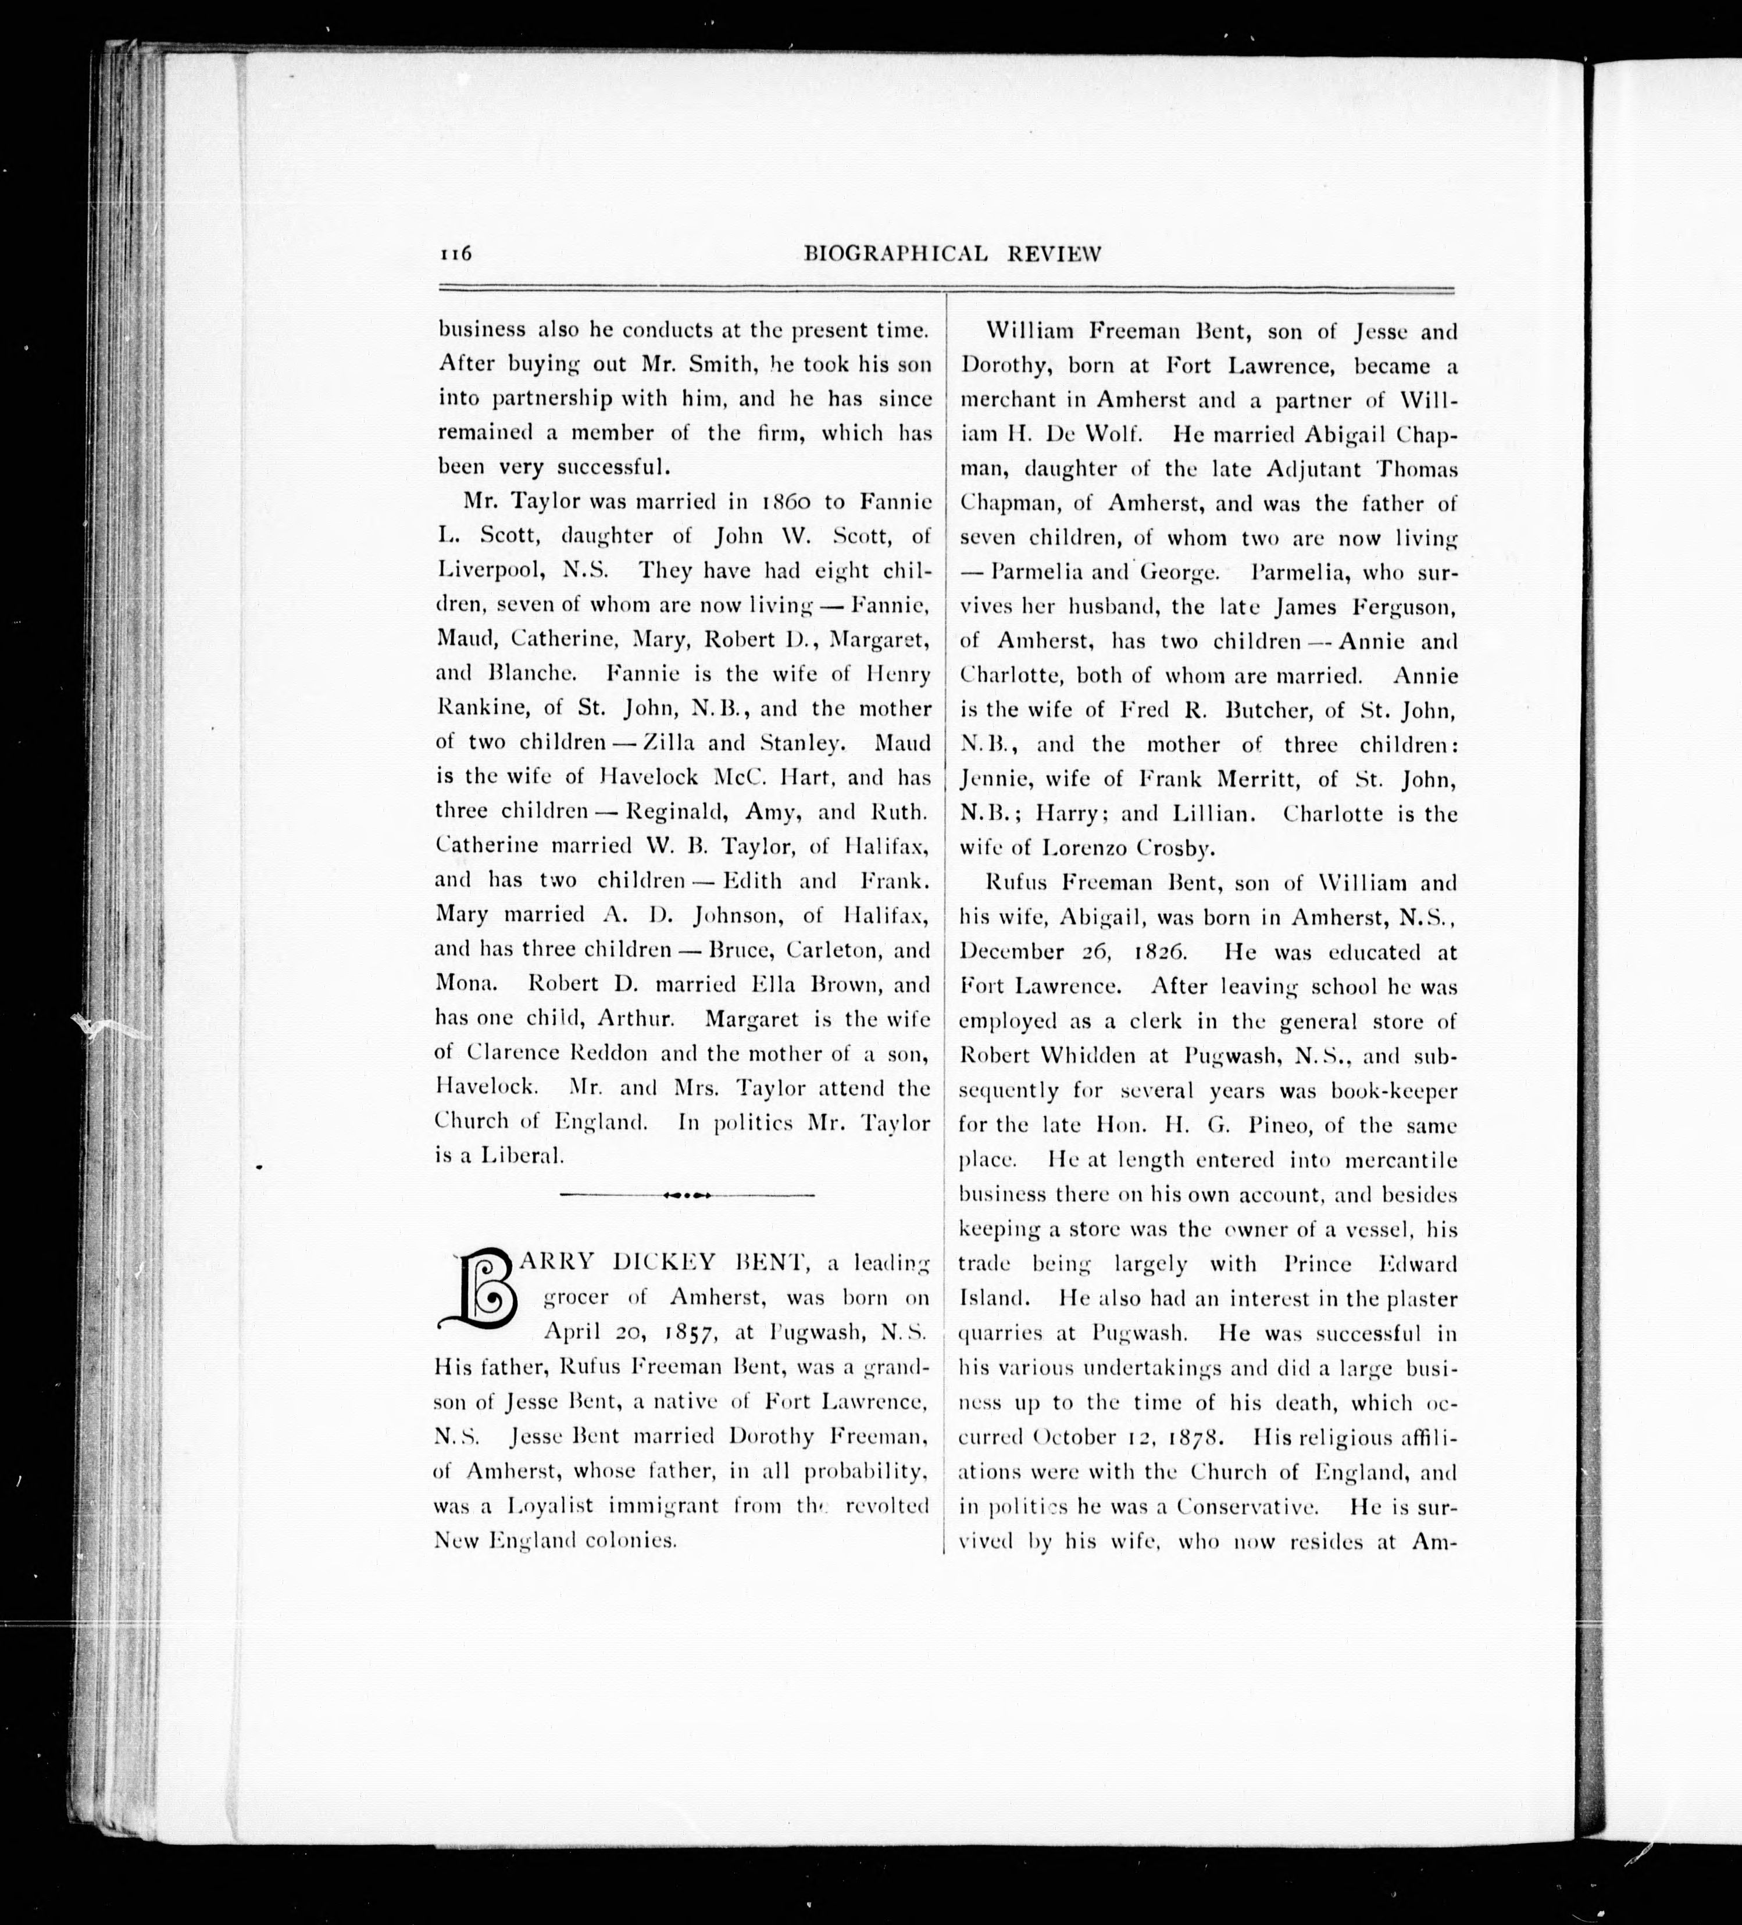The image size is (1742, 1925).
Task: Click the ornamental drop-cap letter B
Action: (x=477, y=1290)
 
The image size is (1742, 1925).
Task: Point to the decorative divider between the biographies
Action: (x=687, y=1194)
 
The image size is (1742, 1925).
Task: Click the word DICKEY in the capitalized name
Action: (x=665, y=1262)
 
